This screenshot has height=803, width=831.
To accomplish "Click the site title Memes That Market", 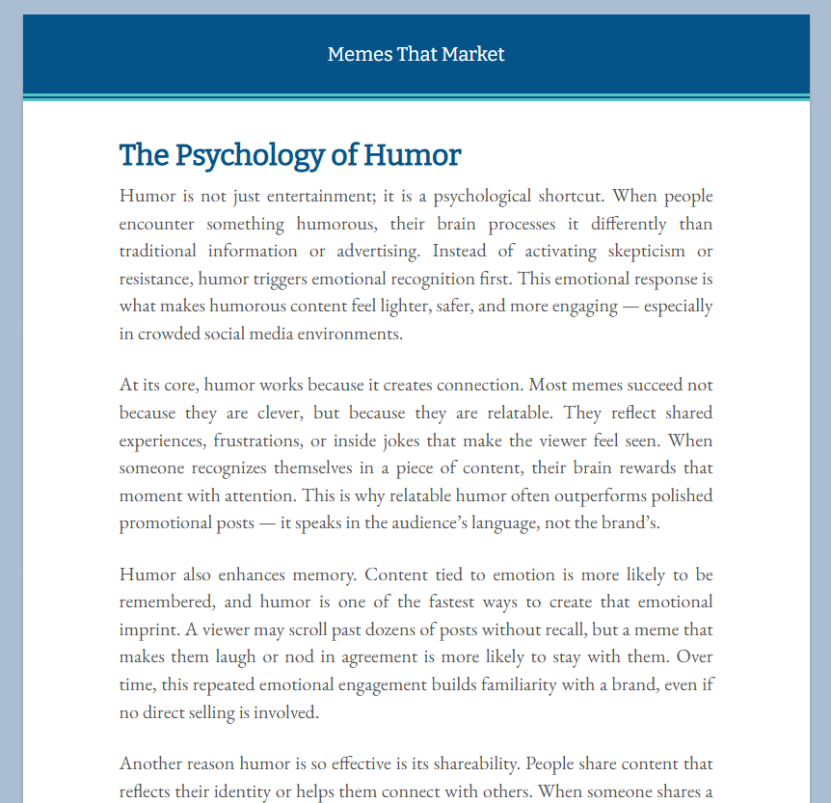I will pyautogui.click(x=415, y=54).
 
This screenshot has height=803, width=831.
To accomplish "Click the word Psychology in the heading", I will pyautogui.click(x=247, y=155).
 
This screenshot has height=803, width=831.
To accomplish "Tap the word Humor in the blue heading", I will pyautogui.click(x=413, y=155).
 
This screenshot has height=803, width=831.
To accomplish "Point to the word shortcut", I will pyautogui.click(x=564, y=197).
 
